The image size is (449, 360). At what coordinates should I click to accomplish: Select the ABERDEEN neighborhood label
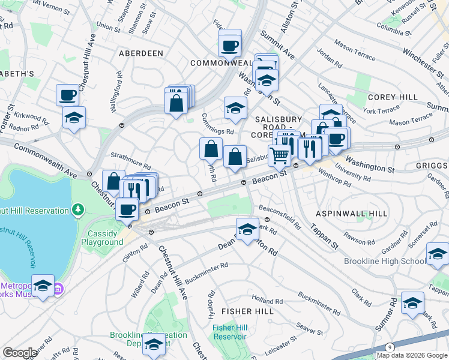(x=141, y=53)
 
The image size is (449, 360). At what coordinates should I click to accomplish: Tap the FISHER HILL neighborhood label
(x=247, y=311)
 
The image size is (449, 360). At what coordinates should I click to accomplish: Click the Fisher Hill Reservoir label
(x=229, y=332)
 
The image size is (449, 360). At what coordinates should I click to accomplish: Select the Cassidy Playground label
(x=106, y=238)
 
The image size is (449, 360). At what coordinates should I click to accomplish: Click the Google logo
(x=20, y=353)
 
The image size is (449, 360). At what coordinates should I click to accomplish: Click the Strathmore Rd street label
(x=130, y=164)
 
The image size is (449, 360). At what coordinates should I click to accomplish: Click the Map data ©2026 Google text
(x=411, y=355)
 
